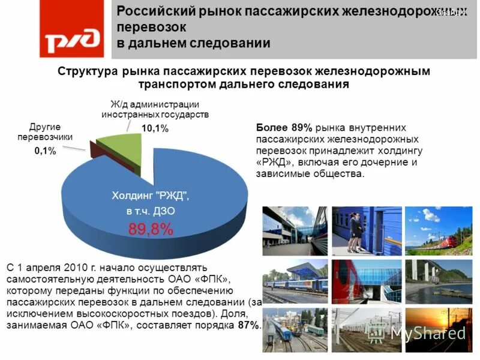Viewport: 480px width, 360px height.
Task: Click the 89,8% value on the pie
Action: tap(151, 229)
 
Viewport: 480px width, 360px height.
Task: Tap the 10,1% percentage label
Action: tap(155, 128)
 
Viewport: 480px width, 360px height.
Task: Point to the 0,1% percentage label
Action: tap(44, 151)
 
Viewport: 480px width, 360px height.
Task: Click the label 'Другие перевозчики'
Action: tap(51, 131)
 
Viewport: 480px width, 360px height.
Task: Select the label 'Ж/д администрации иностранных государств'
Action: tap(155, 110)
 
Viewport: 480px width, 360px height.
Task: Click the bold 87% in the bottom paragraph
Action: tap(249, 325)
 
